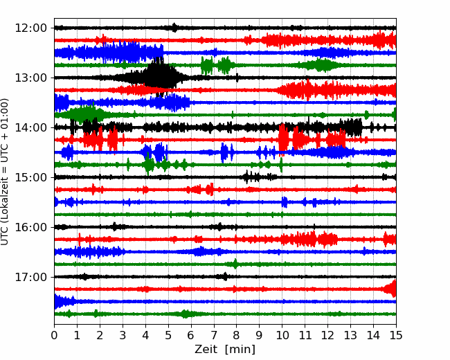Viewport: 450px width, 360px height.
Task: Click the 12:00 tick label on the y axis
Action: pyautogui.click(x=30, y=28)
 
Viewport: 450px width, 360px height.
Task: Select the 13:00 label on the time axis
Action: pyautogui.click(x=30, y=78)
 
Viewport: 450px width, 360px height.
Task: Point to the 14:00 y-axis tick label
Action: pyautogui.click(x=30, y=127)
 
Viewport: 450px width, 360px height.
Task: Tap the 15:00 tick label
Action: pyautogui.click(x=30, y=177)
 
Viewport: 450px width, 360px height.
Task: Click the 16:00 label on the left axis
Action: pyautogui.click(x=30, y=227)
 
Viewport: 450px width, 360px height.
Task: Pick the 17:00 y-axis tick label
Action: pyautogui.click(x=30, y=277)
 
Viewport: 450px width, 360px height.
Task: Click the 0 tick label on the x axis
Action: pyautogui.click(x=54, y=335)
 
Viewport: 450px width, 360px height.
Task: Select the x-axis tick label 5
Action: pyautogui.click(x=168, y=335)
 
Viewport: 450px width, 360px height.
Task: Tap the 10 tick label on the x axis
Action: pyautogui.click(x=282, y=335)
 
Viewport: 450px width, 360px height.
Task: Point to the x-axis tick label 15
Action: pyautogui.click(x=396, y=335)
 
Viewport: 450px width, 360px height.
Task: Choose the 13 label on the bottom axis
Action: pyautogui.click(x=350, y=335)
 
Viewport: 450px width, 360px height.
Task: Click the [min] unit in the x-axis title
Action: pyautogui.click(x=240, y=350)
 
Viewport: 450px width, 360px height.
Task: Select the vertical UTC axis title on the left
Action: pyautogui.click(x=4, y=172)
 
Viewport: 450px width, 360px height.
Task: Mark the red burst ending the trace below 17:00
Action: pyautogui.click(x=391, y=289)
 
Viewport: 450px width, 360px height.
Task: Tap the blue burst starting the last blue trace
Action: pyautogui.click(x=64, y=301)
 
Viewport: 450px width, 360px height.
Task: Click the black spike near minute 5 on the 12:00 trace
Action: pyautogui.click(x=174, y=28)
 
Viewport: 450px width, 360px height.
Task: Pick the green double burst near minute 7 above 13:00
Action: pyautogui.click(x=217, y=66)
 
